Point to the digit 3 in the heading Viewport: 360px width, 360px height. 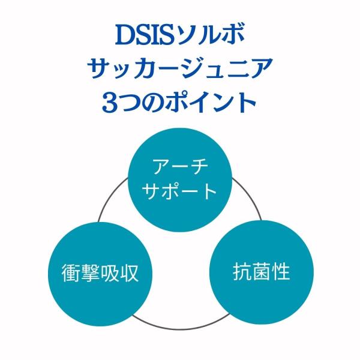112,101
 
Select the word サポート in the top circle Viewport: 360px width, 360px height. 181,191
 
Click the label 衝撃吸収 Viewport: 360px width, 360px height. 93,274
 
